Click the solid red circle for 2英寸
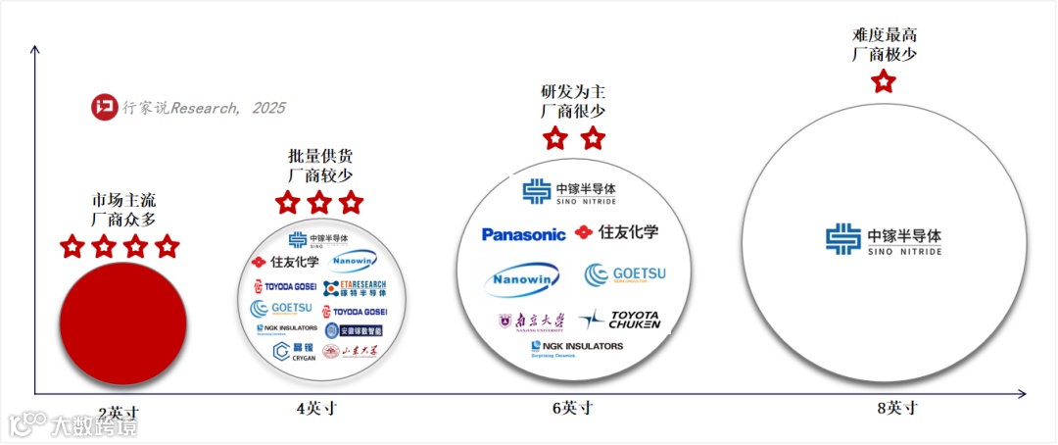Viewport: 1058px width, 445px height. pos(123,321)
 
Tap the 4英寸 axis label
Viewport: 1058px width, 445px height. pos(315,408)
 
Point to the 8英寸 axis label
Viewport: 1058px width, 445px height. pos(897,408)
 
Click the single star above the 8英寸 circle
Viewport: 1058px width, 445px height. pos(884,81)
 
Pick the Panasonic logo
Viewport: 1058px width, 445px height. pos(523,234)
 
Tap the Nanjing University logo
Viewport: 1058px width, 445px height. pos(532,321)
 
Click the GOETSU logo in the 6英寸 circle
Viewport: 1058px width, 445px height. pos(625,275)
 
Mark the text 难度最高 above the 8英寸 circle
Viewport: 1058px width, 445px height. pos(885,37)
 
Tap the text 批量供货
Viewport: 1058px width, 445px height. pos(319,156)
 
